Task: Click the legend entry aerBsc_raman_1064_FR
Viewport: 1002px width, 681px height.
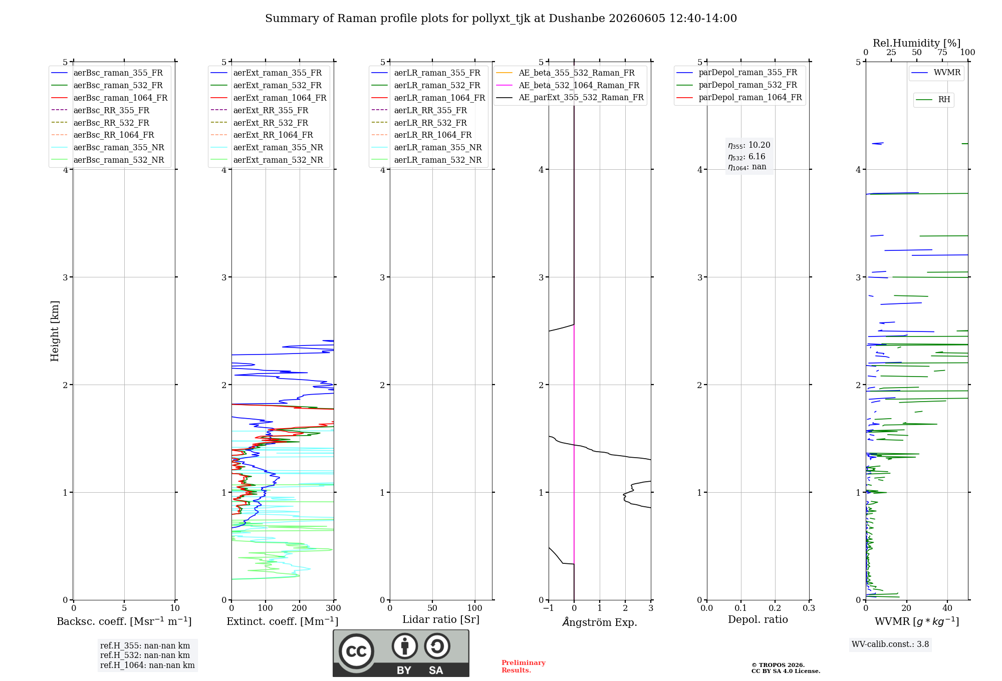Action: point(109,98)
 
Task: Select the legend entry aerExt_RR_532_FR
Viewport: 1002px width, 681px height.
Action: point(269,123)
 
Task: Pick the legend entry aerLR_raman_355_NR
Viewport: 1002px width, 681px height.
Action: point(426,147)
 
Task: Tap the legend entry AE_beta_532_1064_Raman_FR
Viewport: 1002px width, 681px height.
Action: point(568,85)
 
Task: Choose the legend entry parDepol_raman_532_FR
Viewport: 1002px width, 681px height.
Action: point(736,85)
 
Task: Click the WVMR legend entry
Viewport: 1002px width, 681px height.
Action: point(936,73)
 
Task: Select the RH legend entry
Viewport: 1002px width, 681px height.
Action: point(933,100)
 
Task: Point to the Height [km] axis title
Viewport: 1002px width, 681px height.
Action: point(55,331)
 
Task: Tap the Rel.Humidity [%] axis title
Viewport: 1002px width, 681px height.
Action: point(917,43)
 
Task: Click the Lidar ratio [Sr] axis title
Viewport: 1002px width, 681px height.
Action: point(441,619)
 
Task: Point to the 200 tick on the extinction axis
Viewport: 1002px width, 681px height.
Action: point(300,608)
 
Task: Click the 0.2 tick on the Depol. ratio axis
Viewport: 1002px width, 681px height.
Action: point(775,608)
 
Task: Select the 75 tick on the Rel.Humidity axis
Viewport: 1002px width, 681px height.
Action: point(942,53)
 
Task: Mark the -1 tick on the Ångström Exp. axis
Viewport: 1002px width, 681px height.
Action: point(549,608)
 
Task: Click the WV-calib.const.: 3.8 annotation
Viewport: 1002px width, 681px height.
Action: point(890,644)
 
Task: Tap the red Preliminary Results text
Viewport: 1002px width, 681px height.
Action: point(524,666)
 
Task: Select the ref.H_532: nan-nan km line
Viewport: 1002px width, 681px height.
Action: point(145,655)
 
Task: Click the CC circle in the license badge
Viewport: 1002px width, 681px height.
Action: point(356,651)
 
